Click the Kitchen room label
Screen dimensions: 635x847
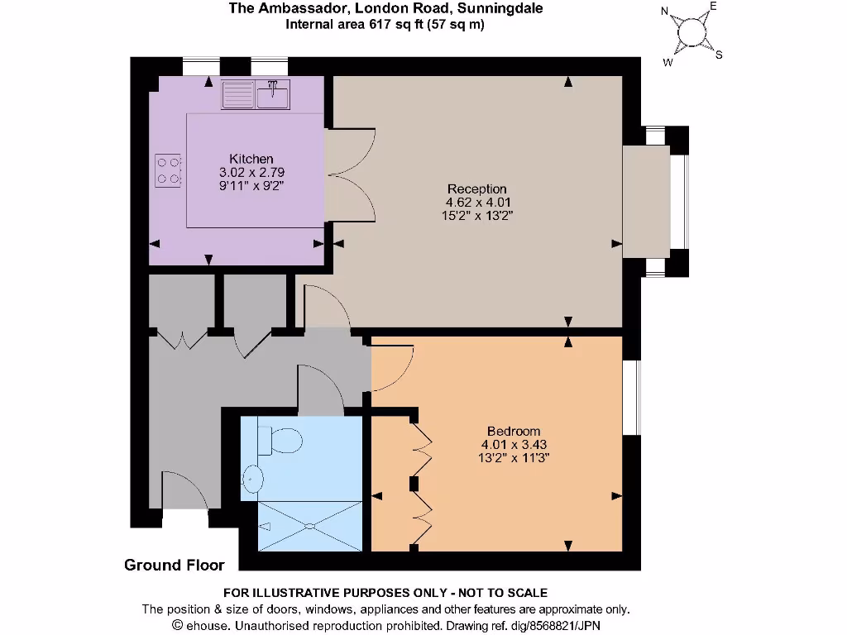(x=251, y=159)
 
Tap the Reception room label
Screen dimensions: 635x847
(x=476, y=189)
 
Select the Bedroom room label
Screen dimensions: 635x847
(x=513, y=431)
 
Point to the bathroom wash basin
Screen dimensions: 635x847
(x=252, y=477)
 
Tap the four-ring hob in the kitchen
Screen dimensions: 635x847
(x=168, y=169)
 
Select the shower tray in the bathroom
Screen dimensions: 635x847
(x=310, y=525)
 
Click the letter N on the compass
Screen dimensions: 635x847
(x=665, y=12)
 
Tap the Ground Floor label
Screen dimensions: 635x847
(x=174, y=566)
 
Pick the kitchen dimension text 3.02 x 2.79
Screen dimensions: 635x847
(x=251, y=172)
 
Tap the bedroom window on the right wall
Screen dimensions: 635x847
(x=631, y=397)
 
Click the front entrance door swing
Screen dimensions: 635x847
(x=184, y=492)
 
